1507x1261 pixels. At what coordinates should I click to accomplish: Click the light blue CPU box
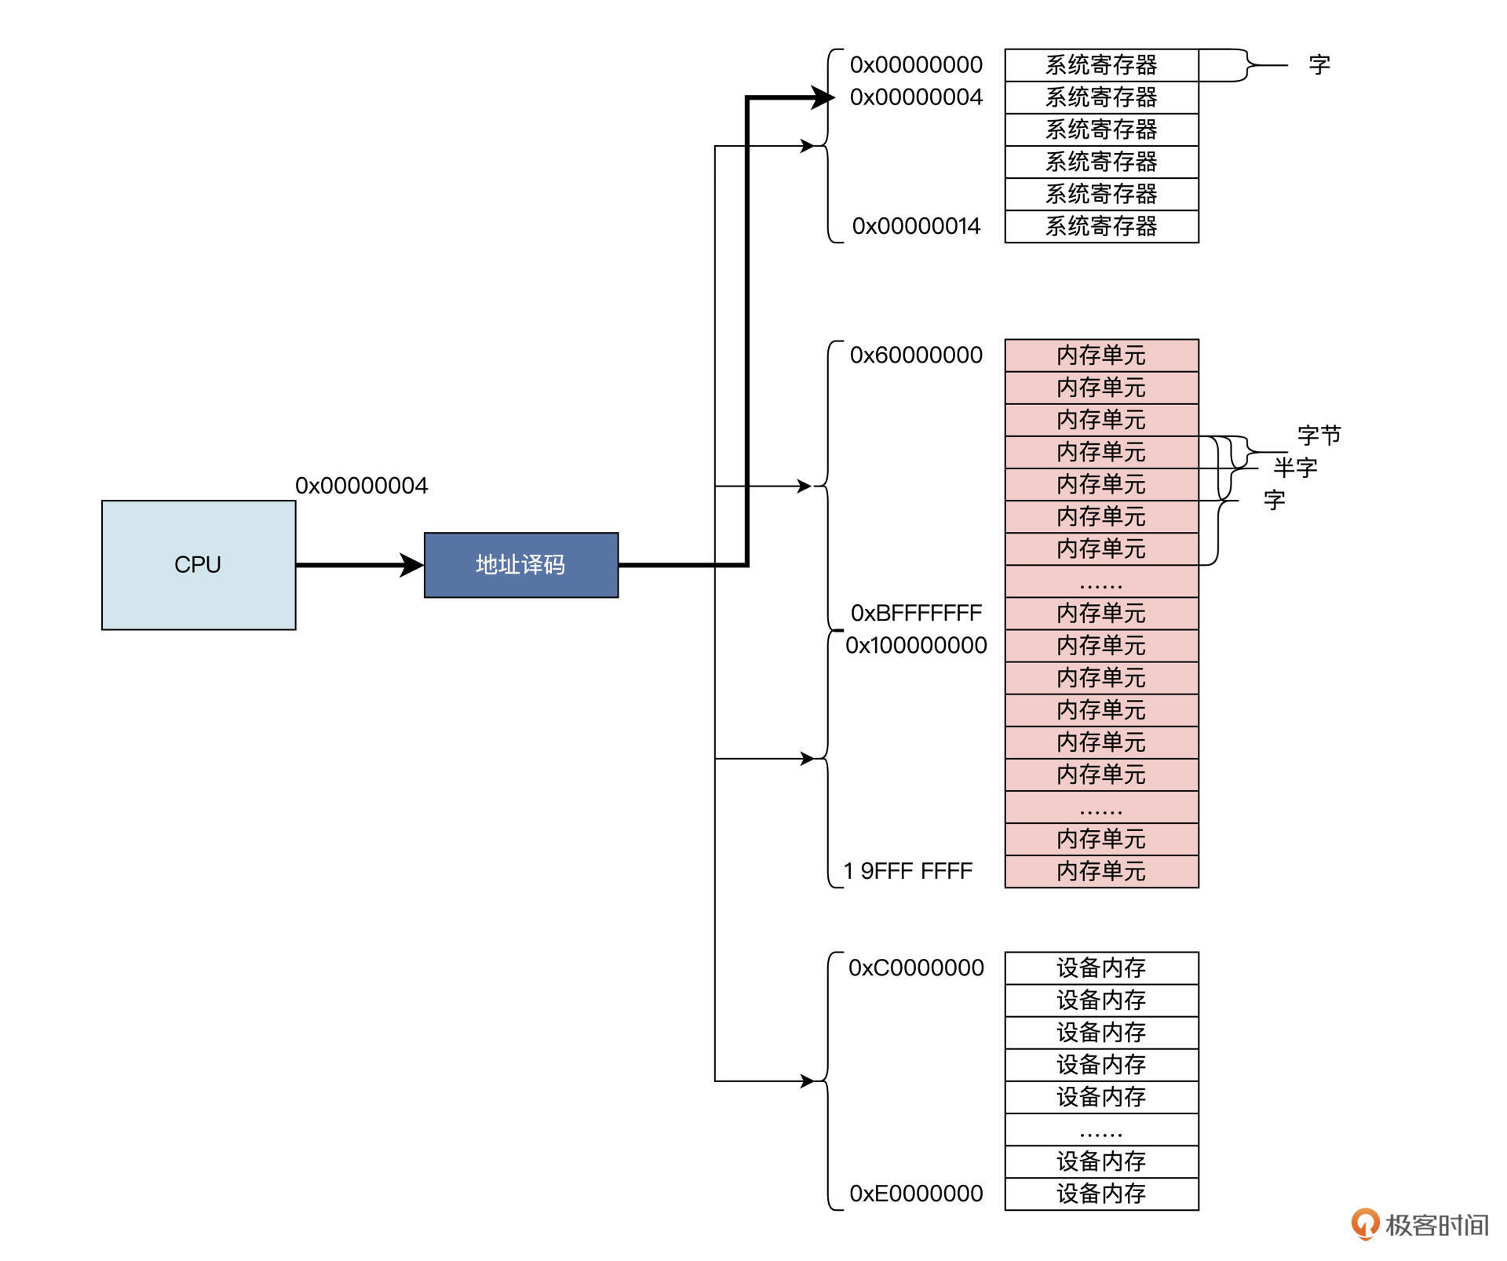(199, 565)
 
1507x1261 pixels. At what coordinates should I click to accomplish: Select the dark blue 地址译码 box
(521, 565)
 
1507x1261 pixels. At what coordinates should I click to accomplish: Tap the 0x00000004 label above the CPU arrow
(362, 486)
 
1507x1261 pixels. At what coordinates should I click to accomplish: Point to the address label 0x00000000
(916, 65)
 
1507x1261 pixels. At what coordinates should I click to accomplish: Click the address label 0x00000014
(916, 227)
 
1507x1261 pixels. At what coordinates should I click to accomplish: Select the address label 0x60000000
(916, 355)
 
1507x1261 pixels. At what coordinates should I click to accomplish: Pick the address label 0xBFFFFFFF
(916, 613)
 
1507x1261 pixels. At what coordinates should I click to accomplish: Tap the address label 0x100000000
(916, 646)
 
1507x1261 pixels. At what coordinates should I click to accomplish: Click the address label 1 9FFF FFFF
(908, 871)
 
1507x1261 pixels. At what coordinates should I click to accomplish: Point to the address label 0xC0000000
(916, 968)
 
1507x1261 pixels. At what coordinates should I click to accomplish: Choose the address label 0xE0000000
(916, 1194)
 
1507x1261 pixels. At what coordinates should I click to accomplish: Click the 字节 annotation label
(1319, 436)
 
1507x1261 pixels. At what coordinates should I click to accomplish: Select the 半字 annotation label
(1296, 468)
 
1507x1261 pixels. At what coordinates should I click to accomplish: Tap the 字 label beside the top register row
(1319, 65)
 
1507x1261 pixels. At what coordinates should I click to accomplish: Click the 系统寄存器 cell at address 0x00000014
(1101, 227)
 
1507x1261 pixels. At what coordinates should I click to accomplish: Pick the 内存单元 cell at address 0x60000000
(1101, 355)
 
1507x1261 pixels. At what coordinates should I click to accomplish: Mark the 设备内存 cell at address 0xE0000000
(1101, 1194)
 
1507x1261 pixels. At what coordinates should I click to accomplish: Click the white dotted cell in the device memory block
(1101, 1130)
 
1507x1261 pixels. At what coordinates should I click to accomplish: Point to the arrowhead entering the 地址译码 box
(412, 565)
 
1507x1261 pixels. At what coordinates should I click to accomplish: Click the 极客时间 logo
(1421, 1224)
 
